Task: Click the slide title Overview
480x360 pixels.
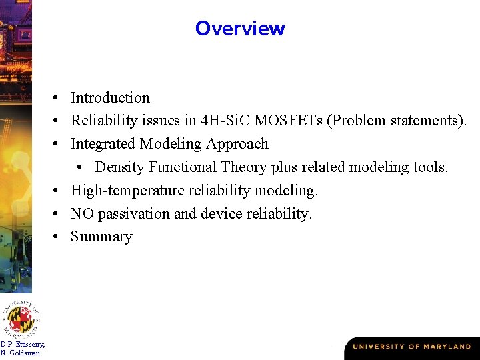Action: [x=240, y=29]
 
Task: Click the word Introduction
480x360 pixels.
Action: [x=110, y=98]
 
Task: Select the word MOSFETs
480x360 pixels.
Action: [x=291, y=121]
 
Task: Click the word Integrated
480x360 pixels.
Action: [x=103, y=144]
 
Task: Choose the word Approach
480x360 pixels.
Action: [x=237, y=144]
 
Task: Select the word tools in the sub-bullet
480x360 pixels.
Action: [x=429, y=167]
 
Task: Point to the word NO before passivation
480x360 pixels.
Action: [x=82, y=214]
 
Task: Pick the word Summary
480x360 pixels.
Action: [x=101, y=237]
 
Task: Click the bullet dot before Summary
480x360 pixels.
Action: [x=60, y=237]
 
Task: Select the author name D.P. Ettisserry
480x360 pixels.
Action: [x=23, y=344]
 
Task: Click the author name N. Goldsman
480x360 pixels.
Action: [x=20, y=353]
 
